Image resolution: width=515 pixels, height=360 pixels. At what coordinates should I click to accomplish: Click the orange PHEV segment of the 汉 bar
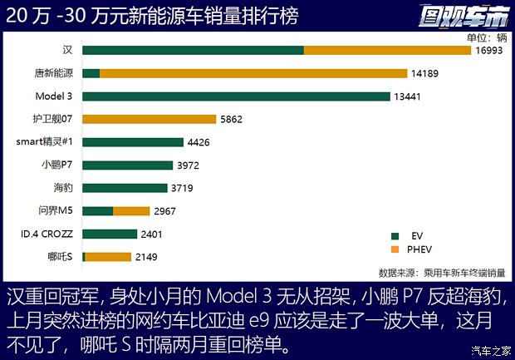pos(388,51)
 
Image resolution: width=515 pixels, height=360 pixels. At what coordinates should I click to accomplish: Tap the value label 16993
pos(490,52)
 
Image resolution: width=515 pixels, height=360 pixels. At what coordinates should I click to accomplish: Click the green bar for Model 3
pos(236,96)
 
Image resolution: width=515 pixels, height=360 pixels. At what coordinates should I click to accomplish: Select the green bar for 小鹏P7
pos(128,165)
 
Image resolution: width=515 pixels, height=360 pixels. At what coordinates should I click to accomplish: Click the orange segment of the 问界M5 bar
pos(131,211)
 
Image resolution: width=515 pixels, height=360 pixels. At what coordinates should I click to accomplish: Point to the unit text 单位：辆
pos(486,37)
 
